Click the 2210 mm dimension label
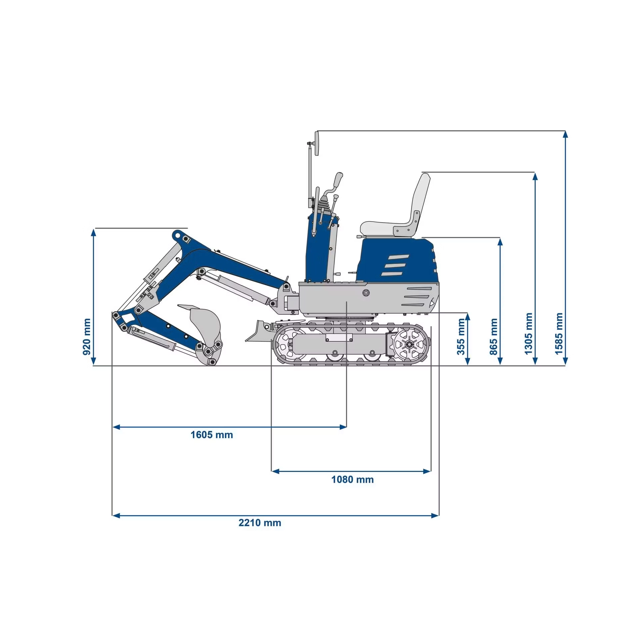(x=260, y=523)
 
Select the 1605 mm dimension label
(x=212, y=435)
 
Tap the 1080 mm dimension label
(x=352, y=480)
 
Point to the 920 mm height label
(x=87, y=337)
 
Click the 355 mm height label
(x=461, y=337)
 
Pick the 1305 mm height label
(x=528, y=333)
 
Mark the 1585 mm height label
(x=559, y=333)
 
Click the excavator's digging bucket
(x=204, y=330)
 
